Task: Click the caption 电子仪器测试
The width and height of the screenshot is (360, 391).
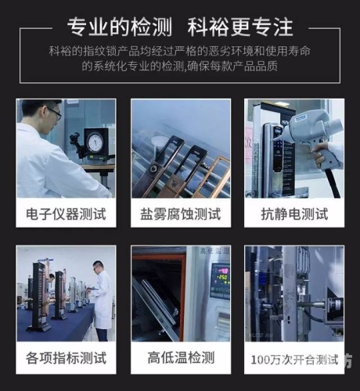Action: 66,213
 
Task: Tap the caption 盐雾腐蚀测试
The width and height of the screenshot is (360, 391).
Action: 180,213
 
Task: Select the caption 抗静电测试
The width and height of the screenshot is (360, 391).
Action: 294,213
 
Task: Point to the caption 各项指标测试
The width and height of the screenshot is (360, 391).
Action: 66,360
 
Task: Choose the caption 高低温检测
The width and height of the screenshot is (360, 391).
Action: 180,360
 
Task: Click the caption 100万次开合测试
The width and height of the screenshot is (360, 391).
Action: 294,360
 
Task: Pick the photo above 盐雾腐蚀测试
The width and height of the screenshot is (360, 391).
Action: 180,149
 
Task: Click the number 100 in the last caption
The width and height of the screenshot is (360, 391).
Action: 260,361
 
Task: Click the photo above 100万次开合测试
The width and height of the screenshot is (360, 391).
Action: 294,294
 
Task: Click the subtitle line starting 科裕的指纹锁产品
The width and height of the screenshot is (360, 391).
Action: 180,51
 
